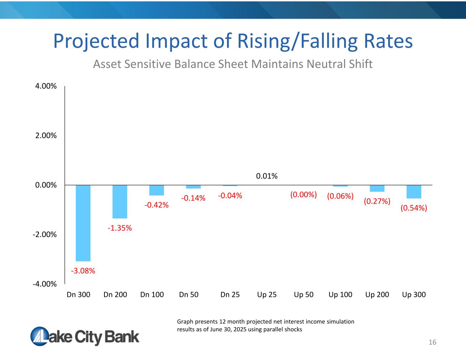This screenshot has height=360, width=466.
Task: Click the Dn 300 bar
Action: point(83,223)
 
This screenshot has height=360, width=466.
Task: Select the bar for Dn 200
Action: point(120,202)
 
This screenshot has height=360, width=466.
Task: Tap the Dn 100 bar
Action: point(157,190)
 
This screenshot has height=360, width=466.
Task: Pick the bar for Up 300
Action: point(414,192)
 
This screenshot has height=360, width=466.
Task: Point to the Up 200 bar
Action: point(377,188)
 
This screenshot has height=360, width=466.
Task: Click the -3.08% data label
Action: point(83,271)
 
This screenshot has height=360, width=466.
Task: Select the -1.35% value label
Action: point(120,228)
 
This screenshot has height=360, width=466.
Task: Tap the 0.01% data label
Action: point(267,176)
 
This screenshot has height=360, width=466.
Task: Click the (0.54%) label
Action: point(414,208)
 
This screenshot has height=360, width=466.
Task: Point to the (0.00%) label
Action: point(303,195)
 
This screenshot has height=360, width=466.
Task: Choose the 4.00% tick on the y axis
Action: point(46,86)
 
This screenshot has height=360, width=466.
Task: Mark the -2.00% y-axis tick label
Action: point(45,235)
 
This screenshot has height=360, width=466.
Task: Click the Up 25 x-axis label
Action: point(267,295)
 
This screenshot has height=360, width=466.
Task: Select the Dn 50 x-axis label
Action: point(189,294)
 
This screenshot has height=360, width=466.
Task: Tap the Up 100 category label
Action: point(340,295)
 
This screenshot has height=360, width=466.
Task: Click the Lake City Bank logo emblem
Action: point(40,336)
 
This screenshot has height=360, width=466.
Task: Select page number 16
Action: point(432,342)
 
